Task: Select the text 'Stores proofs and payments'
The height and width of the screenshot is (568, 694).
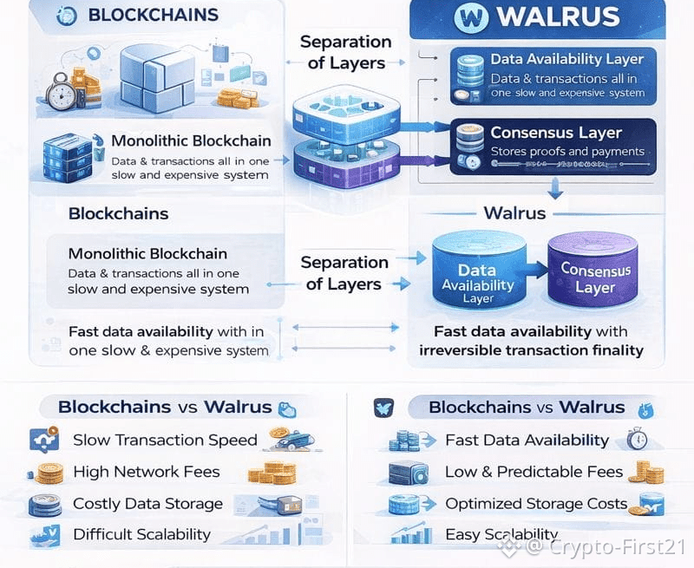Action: click(x=567, y=152)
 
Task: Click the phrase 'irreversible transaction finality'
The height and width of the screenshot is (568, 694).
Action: click(x=531, y=350)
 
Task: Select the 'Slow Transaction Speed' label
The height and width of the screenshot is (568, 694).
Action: click(x=165, y=440)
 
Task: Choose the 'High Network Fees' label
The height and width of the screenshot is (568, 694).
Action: click(x=147, y=472)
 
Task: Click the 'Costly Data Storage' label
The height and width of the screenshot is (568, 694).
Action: click(x=147, y=504)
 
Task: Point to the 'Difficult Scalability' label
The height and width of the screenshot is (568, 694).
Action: click(x=141, y=534)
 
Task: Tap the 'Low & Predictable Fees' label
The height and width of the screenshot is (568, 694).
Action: click(x=534, y=472)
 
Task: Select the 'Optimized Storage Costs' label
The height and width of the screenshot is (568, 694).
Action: click(x=536, y=504)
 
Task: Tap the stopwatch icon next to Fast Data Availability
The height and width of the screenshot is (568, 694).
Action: click(x=638, y=439)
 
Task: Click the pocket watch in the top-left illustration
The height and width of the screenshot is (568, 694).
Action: click(x=60, y=90)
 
